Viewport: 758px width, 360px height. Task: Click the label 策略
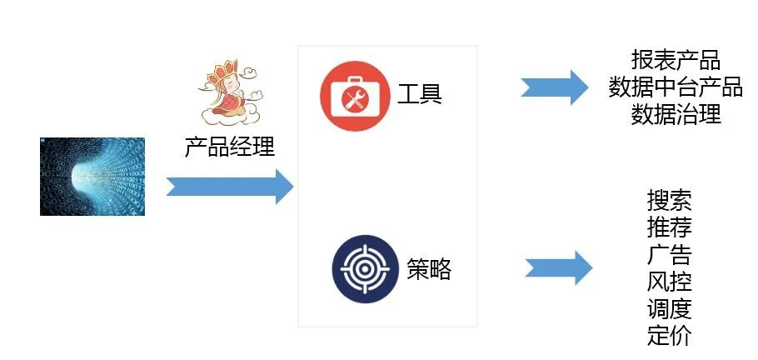click(429, 268)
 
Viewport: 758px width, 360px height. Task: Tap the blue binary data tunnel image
click(92, 177)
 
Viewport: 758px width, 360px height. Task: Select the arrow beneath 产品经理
click(230, 187)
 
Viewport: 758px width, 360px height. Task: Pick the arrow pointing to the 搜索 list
click(559, 267)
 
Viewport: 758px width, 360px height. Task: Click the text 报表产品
click(676, 61)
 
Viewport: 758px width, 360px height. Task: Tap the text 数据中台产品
click(676, 87)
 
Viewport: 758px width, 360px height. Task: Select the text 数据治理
click(676, 114)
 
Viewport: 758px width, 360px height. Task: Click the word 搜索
click(669, 200)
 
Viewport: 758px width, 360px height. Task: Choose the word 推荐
click(669, 227)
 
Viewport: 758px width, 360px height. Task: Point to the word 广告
click(669, 254)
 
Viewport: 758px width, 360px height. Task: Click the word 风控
click(669, 282)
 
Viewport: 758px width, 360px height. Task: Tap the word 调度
click(669, 309)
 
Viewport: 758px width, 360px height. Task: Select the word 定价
click(669, 336)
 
